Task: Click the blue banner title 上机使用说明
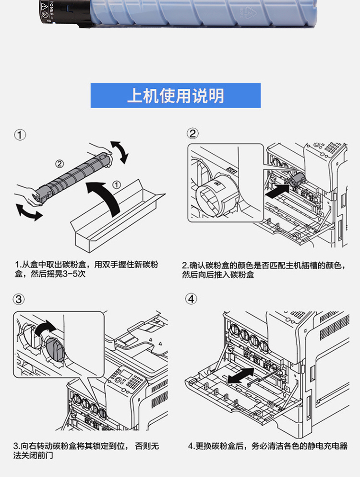[175, 96]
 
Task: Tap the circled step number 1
[20, 135]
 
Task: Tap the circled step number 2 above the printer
[192, 134]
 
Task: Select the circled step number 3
[19, 299]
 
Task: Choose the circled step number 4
[191, 299]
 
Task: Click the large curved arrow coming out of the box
[108, 195]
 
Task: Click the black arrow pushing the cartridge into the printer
[277, 191]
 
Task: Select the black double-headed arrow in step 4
[241, 375]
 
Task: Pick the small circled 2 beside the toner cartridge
[60, 164]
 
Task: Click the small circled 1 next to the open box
[117, 184]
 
